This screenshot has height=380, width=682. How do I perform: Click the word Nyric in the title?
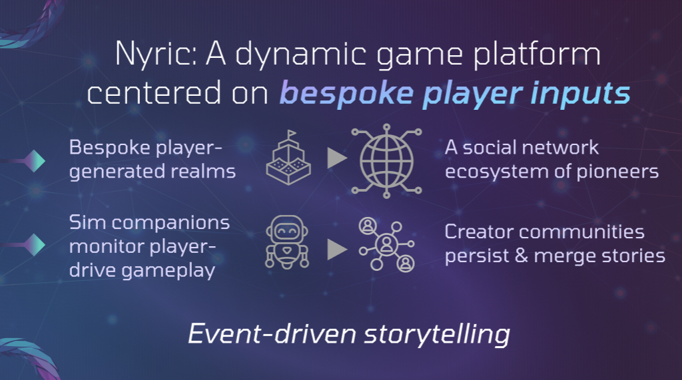[157, 54]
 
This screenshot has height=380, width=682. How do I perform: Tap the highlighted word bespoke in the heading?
[346, 93]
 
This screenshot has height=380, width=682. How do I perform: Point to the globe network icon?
[387, 161]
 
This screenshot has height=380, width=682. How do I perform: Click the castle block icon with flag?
[288, 158]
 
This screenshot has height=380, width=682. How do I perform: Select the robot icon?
[287, 242]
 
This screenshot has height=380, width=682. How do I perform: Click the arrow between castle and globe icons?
[337, 158]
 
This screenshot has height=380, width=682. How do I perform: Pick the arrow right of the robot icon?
[337, 249]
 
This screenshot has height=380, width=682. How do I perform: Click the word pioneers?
[617, 172]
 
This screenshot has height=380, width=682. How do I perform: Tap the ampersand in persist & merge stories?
[521, 256]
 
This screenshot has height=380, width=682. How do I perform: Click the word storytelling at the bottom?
[437, 334]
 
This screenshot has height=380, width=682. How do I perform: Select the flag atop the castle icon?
[292, 133]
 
